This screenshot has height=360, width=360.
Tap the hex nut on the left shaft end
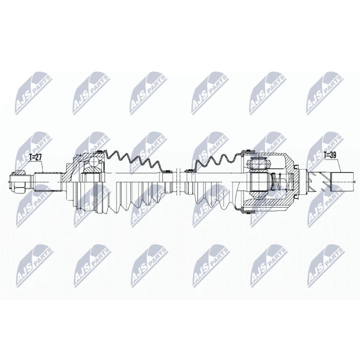[x=16, y=181]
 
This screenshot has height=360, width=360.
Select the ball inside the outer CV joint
[x=92, y=162]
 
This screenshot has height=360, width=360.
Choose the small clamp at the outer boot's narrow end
[x=163, y=171]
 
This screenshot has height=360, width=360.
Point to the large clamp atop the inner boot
[x=244, y=150]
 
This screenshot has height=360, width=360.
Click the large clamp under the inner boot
[x=244, y=211]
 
